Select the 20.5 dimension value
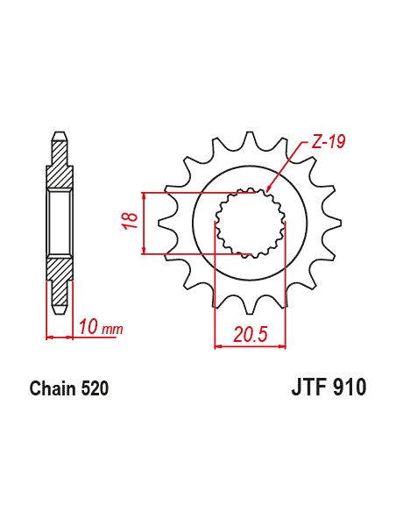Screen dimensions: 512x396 click(251, 333)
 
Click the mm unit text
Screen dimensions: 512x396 click(112, 331)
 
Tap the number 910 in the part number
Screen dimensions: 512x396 click(349, 388)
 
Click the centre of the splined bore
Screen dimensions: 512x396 click(251, 223)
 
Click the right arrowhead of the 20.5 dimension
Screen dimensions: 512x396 click(283, 346)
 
